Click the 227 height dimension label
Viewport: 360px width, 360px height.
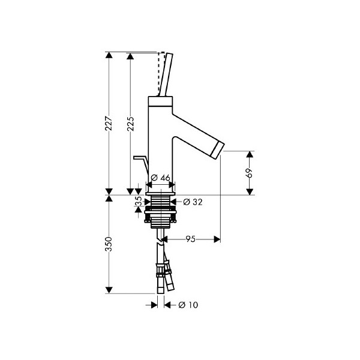[109, 124]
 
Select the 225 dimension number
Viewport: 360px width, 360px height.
[130, 124]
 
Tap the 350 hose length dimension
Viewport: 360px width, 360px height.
[109, 244]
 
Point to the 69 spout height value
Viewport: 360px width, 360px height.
[250, 173]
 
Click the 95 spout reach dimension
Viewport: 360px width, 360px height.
[190, 239]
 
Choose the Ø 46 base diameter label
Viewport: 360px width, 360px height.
[161, 178]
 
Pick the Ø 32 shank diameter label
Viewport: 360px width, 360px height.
[193, 202]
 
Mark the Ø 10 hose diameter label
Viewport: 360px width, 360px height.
[188, 305]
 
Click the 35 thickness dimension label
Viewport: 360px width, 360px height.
[138, 202]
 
